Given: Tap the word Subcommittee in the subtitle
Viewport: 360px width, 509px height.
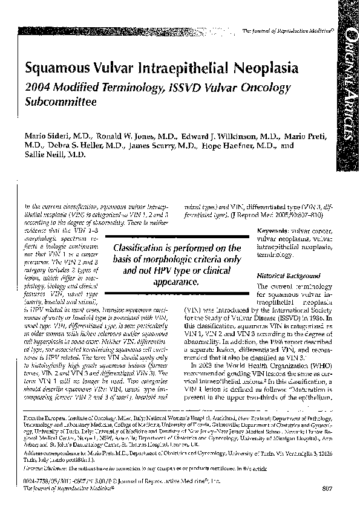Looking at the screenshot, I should point(60,102).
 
